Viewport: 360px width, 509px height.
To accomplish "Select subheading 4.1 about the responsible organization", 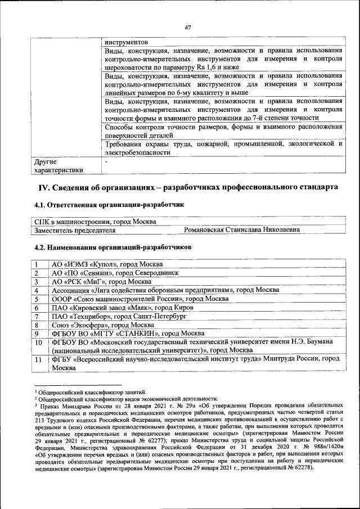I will (109, 205).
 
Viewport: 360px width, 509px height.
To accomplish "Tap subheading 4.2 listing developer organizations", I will (112, 247).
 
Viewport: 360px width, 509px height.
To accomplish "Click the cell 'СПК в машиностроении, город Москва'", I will (96, 222).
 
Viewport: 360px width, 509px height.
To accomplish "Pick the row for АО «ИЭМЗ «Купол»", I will (107, 264).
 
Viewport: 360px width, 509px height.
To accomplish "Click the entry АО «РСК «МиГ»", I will (101, 281).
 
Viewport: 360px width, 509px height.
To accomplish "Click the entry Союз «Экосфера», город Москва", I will (103, 325).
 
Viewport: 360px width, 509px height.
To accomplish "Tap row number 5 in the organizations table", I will (37, 299).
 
